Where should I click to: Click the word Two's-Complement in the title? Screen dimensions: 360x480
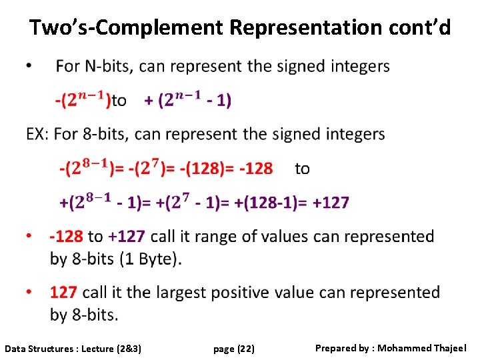[x=126, y=28]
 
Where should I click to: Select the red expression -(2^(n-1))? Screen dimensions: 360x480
[x=83, y=100]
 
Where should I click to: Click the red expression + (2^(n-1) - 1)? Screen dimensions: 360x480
[x=188, y=100]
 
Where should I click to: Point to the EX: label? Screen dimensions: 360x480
[x=37, y=135]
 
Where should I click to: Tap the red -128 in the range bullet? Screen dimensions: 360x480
[x=67, y=237]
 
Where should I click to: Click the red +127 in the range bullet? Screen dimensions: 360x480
[x=127, y=237]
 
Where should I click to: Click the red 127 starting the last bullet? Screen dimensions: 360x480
[x=63, y=293]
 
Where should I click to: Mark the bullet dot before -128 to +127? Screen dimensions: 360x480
[x=29, y=237]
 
